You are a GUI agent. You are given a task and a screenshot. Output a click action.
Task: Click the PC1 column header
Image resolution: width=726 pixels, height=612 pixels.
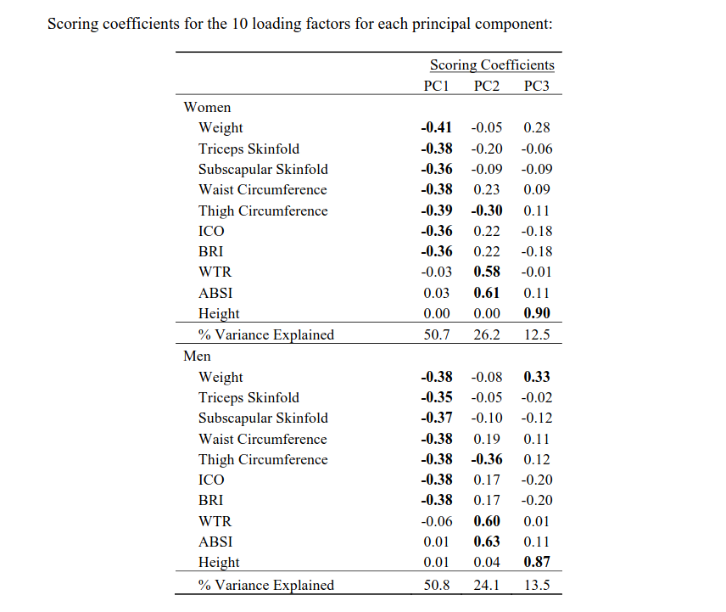point(436,86)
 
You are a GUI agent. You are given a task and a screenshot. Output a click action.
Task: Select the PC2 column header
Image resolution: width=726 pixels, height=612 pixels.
point(487,86)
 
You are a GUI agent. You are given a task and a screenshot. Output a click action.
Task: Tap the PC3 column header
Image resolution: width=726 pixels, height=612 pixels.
point(537,86)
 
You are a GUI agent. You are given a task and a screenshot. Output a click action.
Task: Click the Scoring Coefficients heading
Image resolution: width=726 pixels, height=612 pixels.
point(492,65)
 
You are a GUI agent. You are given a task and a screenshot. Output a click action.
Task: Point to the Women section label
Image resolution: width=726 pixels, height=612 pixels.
point(207,107)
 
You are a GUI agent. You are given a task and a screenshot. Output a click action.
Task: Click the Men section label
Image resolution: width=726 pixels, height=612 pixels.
point(197,356)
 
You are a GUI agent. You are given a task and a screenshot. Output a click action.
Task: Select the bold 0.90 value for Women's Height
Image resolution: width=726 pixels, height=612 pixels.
point(537,313)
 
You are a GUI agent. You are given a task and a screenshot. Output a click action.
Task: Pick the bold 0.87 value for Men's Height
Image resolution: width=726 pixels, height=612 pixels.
point(537,562)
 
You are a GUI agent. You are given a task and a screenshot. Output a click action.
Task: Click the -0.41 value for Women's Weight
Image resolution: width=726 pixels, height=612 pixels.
point(436,127)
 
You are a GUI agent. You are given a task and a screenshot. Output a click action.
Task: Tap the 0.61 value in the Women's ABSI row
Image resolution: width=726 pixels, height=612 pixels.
point(487,293)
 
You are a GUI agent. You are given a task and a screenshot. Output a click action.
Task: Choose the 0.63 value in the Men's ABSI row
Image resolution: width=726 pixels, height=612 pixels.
point(487,542)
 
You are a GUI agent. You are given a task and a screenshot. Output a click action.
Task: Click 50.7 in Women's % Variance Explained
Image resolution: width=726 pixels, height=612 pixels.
point(437,334)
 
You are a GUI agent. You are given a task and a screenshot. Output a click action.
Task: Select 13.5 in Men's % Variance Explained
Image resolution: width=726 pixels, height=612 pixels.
point(537,585)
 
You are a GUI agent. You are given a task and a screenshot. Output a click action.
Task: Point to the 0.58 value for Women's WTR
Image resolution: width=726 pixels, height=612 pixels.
point(487,272)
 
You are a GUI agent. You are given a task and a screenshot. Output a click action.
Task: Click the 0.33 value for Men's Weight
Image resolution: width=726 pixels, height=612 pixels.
point(537,377)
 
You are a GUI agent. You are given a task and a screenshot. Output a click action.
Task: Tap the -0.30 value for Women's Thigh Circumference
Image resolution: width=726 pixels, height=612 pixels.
point(487,211)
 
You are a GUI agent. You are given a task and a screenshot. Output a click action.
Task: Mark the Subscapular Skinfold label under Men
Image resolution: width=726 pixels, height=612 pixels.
point(263,418)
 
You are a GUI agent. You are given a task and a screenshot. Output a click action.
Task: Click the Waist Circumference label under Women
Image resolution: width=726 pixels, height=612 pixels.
point(263,189)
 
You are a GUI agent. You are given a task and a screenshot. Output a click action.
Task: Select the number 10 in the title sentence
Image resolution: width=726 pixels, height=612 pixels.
point(240,24)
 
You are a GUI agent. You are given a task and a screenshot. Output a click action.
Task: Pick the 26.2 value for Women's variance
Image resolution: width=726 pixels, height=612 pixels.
point(487,334)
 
